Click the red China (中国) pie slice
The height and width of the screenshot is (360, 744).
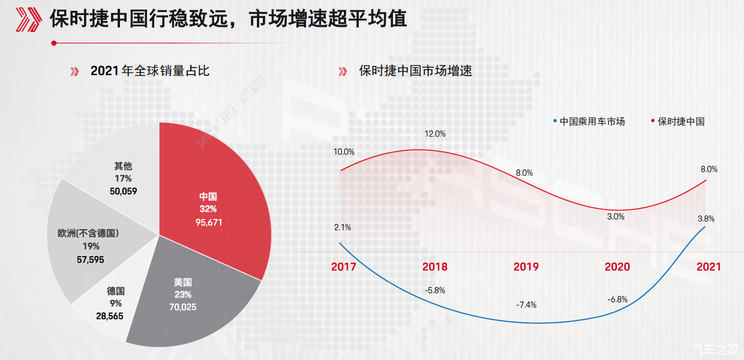[215, 200]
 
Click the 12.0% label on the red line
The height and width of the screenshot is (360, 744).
[435, 134]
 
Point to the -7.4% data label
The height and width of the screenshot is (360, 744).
[525, 304]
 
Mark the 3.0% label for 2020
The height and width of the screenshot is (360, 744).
[615, 216]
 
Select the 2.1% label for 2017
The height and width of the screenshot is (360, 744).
[342, 227]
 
